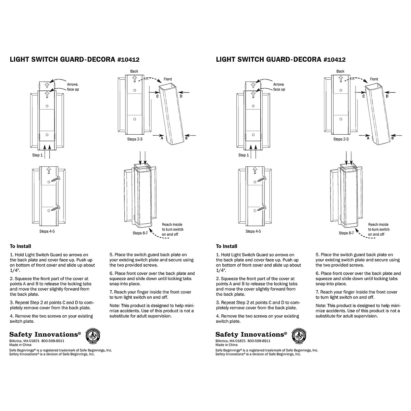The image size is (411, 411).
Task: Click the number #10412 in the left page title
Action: [x=128, y=60]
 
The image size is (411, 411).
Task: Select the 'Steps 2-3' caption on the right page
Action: [x=341, y=139]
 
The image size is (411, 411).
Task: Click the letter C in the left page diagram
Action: [x=157, y=96]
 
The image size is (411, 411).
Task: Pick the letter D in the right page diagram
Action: [x=387, y=96]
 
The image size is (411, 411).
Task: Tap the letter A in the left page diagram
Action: [x=162, y=138]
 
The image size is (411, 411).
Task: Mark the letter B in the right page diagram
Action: [x=393, y=138]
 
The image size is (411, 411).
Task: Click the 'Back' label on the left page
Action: [x=134, y=71]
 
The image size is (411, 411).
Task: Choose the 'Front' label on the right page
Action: [x=374, y=79]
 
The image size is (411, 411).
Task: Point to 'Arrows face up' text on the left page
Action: [x=73, y=87]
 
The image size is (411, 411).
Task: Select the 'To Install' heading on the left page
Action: [x=20, y=246]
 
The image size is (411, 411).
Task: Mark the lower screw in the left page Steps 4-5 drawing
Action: [x=55, y=208]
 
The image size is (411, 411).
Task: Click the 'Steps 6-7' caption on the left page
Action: [x=140, y=233]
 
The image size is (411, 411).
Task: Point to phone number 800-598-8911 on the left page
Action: [x=53, y=341]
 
